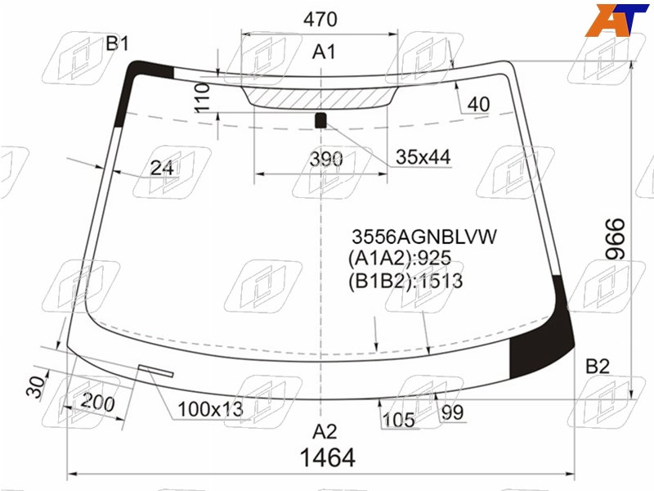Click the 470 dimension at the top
tap(320, 19)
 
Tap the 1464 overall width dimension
tap(328, 457)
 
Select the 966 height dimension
tap(616, 239)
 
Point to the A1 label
tap(324, 52)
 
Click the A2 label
tap(324, 432)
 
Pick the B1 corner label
tap(117, 43)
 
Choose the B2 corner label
tap(598, 366)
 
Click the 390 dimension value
tap(326, 159)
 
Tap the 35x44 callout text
tap(423, 157)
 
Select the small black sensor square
tap(320, 120)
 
